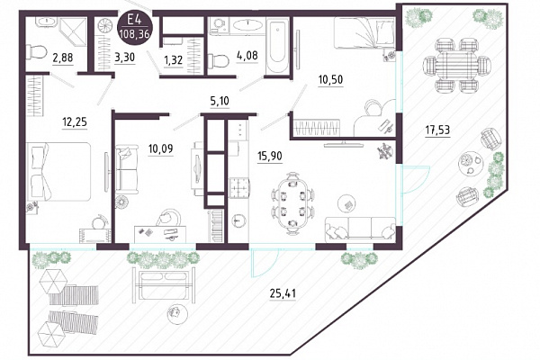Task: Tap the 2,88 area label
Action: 62,57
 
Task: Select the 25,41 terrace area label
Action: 283,293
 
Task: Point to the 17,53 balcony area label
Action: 437,130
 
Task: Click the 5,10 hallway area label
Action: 220,102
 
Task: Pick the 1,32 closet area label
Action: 173,60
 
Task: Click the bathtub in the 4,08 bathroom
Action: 277,46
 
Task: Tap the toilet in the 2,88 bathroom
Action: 37,52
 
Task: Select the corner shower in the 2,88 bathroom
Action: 72,31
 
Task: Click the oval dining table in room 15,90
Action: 292,203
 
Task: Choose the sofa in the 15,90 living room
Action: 360,228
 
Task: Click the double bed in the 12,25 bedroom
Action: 58,172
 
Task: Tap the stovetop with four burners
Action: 238,187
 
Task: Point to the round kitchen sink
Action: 238,220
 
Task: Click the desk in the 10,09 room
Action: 160,234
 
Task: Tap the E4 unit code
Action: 134,19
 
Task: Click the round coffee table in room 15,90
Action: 346,204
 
